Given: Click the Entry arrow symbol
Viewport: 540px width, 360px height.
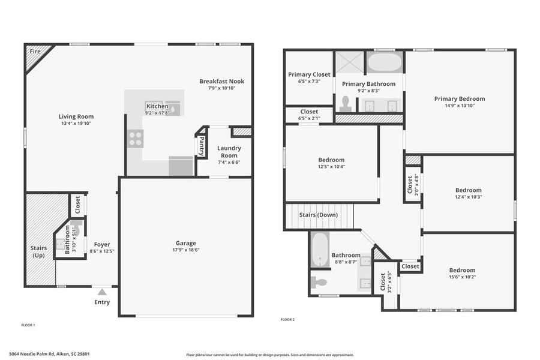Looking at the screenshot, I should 102,292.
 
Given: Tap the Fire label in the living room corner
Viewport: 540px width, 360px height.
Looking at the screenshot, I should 35,52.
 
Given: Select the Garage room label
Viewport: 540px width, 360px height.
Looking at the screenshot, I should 185,243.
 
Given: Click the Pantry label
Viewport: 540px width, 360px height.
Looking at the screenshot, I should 201,146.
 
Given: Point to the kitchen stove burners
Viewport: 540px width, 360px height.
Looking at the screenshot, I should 135,139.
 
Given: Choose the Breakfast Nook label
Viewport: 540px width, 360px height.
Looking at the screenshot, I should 221,81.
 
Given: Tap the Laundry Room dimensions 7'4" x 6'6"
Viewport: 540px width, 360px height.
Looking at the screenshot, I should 229,162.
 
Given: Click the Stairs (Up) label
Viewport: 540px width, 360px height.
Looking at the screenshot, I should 40,251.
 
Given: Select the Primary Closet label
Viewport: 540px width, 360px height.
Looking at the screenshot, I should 309,74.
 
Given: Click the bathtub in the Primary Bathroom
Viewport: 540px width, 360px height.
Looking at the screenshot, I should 384,62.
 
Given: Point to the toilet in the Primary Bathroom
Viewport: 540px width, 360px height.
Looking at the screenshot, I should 346,103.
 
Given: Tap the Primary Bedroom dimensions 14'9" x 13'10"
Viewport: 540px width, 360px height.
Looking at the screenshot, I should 460,106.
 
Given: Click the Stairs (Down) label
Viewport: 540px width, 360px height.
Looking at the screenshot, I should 318,215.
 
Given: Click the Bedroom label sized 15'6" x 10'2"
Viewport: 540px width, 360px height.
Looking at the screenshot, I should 462,270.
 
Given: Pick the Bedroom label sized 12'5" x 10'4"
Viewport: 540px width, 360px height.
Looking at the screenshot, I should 331,160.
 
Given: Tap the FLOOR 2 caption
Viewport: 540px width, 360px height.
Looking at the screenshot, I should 287,319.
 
